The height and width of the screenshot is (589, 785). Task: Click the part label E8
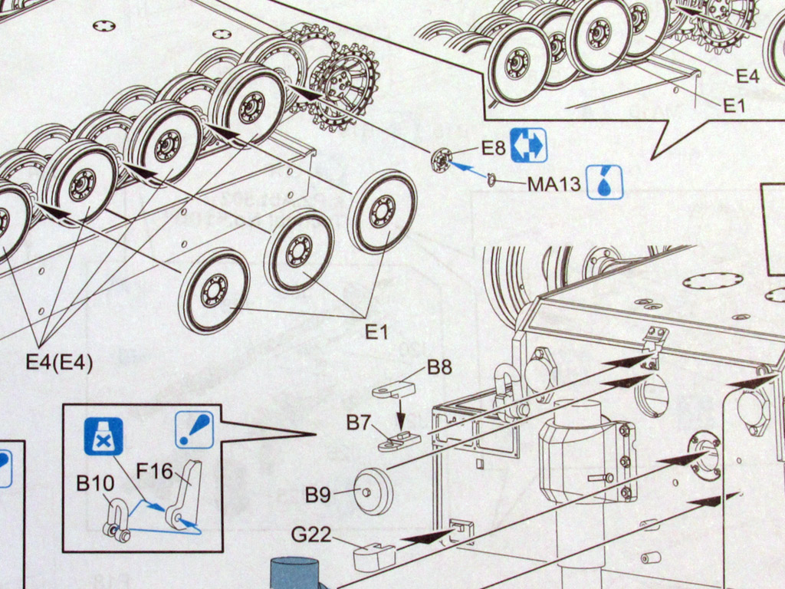point(493,147)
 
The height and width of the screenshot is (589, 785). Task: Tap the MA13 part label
point(553,184)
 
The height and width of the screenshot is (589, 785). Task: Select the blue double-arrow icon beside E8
point(528,145)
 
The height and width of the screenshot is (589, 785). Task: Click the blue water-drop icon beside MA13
point(604,183)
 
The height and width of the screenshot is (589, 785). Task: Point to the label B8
point(439,367)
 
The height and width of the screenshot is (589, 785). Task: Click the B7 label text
point(359,422)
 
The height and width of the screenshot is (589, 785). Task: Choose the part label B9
point(317,495)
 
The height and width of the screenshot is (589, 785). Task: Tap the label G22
point(311,534)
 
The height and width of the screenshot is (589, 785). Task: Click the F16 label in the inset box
point(154,472)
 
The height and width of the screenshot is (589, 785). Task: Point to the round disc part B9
point(373,492)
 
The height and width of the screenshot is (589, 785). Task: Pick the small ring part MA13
point(491,179)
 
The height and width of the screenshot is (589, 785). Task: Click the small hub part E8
point(441,160)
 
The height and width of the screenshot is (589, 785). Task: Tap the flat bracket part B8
point(393,390)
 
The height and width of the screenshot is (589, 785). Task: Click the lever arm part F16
point(185,495)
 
